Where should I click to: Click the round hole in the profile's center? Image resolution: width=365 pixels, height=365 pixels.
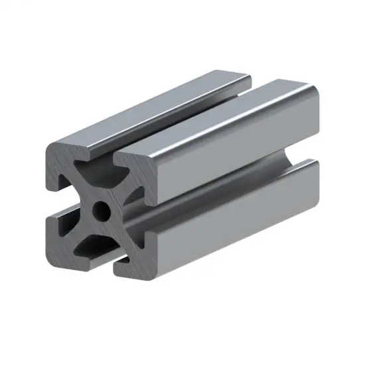102,212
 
